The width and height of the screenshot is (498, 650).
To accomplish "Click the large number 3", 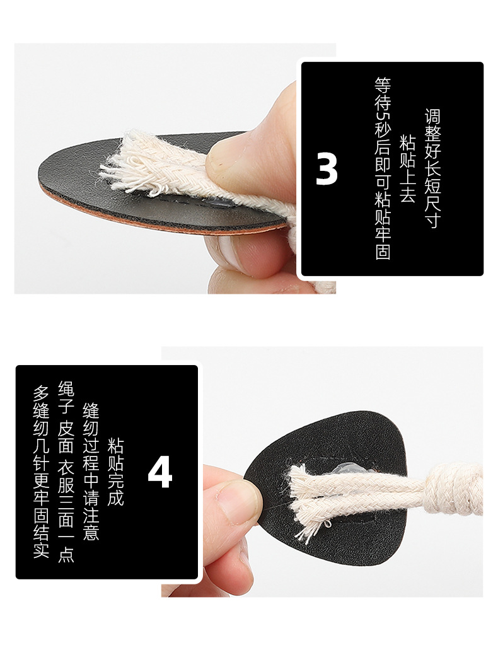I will tap(327, 169).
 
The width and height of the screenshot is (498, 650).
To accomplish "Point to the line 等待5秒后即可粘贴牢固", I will tap(383, 168).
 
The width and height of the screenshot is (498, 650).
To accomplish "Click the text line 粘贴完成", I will tap(116, 472).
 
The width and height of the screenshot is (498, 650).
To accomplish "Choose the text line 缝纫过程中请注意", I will tap(91, 472).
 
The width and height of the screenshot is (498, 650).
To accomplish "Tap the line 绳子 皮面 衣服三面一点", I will tap(66, 472).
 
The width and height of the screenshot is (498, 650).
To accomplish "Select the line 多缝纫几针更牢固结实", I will tap(42, 472).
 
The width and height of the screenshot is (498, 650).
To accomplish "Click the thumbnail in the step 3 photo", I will tap(227, 158).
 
